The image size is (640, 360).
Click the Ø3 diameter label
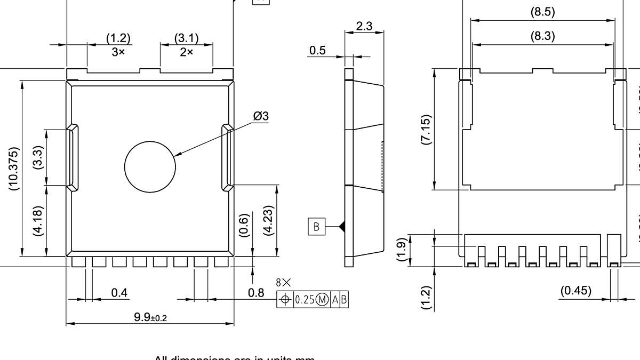pyautogui.click(x=261, y=116)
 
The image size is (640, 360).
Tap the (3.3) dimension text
pyautogui.click(x=38, y=158)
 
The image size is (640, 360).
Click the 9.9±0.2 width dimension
pyautogui.click(x=150, y=318)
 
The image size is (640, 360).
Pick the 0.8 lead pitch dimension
pyautogui.click(x=256, y=293)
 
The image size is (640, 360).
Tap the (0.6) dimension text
pyautogui.click(x=244, y=226)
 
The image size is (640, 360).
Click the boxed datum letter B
pyautogui.click(x=316, y=227)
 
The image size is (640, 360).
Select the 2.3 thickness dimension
pyautogui.click(x=364, y=26)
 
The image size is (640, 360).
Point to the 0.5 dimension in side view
pyautogui.click(x=317, y=50)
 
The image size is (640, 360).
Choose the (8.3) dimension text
pyautogui.click(x=542, y=36)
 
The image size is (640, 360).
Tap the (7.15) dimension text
pyautogui.click(x=426, y=130)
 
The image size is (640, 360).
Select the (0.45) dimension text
pyautogui.click(x=576, y=291)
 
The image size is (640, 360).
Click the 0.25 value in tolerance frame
pyautogui.click(x=305, y=300)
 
